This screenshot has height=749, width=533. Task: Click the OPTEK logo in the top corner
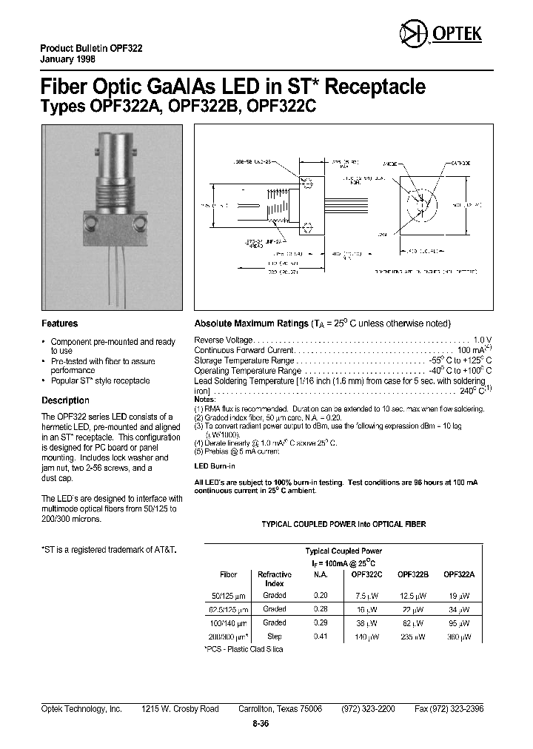pyautogui.click(x=441, y=34)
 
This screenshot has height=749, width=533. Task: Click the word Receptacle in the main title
pyautogui.click(x=376, y=87)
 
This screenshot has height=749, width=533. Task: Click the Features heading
pyautogui.click(x=59, y=323)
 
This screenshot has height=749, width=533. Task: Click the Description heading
pyautogui.click(x=65, y=400)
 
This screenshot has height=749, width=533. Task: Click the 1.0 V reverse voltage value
pyautogui.click(x=483, y=339)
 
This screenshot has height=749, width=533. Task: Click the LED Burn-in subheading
pyautogui.click(x=215, y=466)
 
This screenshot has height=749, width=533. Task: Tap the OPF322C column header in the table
pyautogui.click(x=366, y=574)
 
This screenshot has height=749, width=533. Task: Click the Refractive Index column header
pyautogui.click(x=274, y=578)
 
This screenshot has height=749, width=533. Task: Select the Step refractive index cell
pyautogui.click(x=274, y=636)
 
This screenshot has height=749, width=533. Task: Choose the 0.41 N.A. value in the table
pyautogui.click(x=321, y=636)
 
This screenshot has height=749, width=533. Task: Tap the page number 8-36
pyautogui.click(x=260, y=724)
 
